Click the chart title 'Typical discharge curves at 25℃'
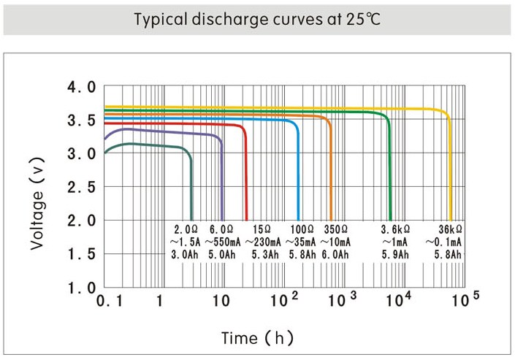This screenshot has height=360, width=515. click(257, 19)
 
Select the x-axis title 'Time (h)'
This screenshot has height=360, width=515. click(257, 338)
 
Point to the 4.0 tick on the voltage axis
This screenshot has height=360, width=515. click(81, 88)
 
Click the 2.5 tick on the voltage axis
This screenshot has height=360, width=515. click(81, 188)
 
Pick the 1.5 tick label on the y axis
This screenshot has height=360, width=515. click(81, 254)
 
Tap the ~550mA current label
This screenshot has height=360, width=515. click(220, 242)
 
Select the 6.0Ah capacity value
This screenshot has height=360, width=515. click(335, 254)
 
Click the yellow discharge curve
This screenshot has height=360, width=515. click(292, 107)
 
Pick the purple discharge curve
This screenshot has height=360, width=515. click(168, 132)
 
